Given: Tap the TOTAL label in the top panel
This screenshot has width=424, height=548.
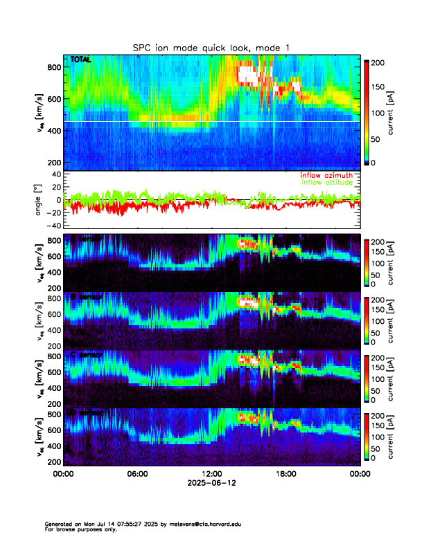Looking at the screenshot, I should pos(80,60).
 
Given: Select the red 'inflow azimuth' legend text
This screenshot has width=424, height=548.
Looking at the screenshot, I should pos(326,176).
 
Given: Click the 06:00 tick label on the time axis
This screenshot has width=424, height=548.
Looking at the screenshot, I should pos(137,474).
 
